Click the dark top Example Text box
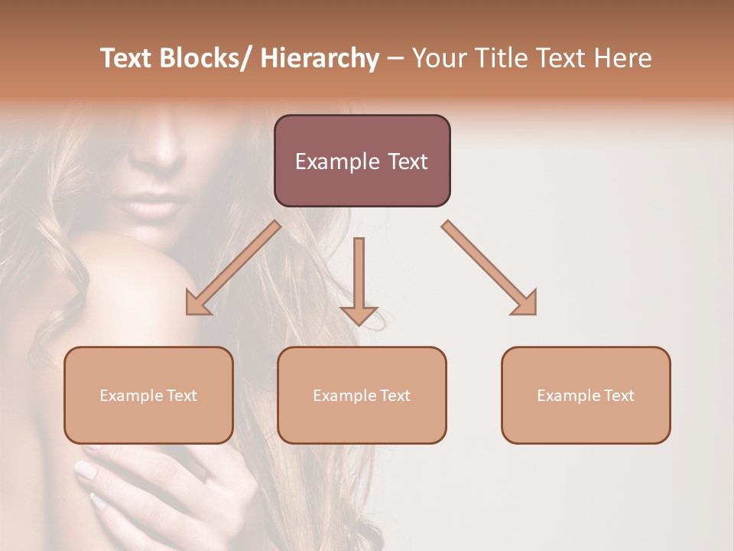[x=362, y=161]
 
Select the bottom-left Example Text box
[x=148, y=395]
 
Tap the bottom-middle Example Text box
[x=362, y=395]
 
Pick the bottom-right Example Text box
[x=586, y=395]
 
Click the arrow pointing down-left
[x=232, y=268]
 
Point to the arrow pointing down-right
[x=489, y=268]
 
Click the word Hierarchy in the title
[x=320, y=58]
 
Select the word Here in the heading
[x=623, y=58]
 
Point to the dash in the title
[x=395, y=59]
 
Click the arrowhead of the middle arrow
[x=359, y=315]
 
